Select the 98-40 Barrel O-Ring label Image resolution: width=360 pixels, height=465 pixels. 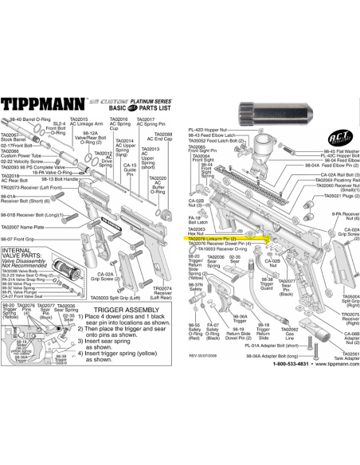coord(27,118)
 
